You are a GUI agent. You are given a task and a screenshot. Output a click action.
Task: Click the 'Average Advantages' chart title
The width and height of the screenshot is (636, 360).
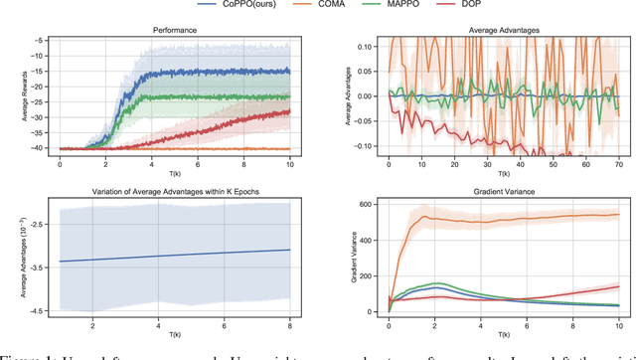[503, 31]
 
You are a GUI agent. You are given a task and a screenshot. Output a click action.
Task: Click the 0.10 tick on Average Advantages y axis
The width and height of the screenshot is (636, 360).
[365, 47]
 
